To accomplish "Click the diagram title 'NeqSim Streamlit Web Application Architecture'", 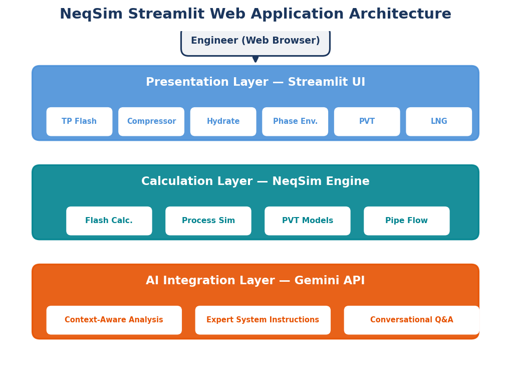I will [x=255, y=15].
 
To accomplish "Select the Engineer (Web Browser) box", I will [x=255, y=42].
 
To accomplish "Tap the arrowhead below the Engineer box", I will [x=255, y=59].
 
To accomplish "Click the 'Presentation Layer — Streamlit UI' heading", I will [x=255, y=82].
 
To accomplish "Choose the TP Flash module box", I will [x=79, y=122].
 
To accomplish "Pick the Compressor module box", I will [x=151, y=122].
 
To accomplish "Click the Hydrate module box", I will [x=223, y=122].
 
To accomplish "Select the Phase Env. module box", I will [x=295, y=122].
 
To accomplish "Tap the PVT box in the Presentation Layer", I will [x=367, y=122].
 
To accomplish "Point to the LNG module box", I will [x=439, y=122].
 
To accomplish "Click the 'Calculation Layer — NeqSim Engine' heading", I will [x=255, y=181].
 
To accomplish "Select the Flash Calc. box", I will [x=109, y=221].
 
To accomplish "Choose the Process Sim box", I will [x=208, y=221].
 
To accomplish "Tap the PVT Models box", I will [x=308, y=221].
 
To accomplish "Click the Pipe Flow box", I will [x=407, y=221].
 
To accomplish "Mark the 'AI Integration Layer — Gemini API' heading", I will [x=255, y=281].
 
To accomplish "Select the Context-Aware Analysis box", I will [x=114, y=320].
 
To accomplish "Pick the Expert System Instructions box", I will [x=263, y=320].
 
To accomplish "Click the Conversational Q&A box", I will [x=411, y=320].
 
